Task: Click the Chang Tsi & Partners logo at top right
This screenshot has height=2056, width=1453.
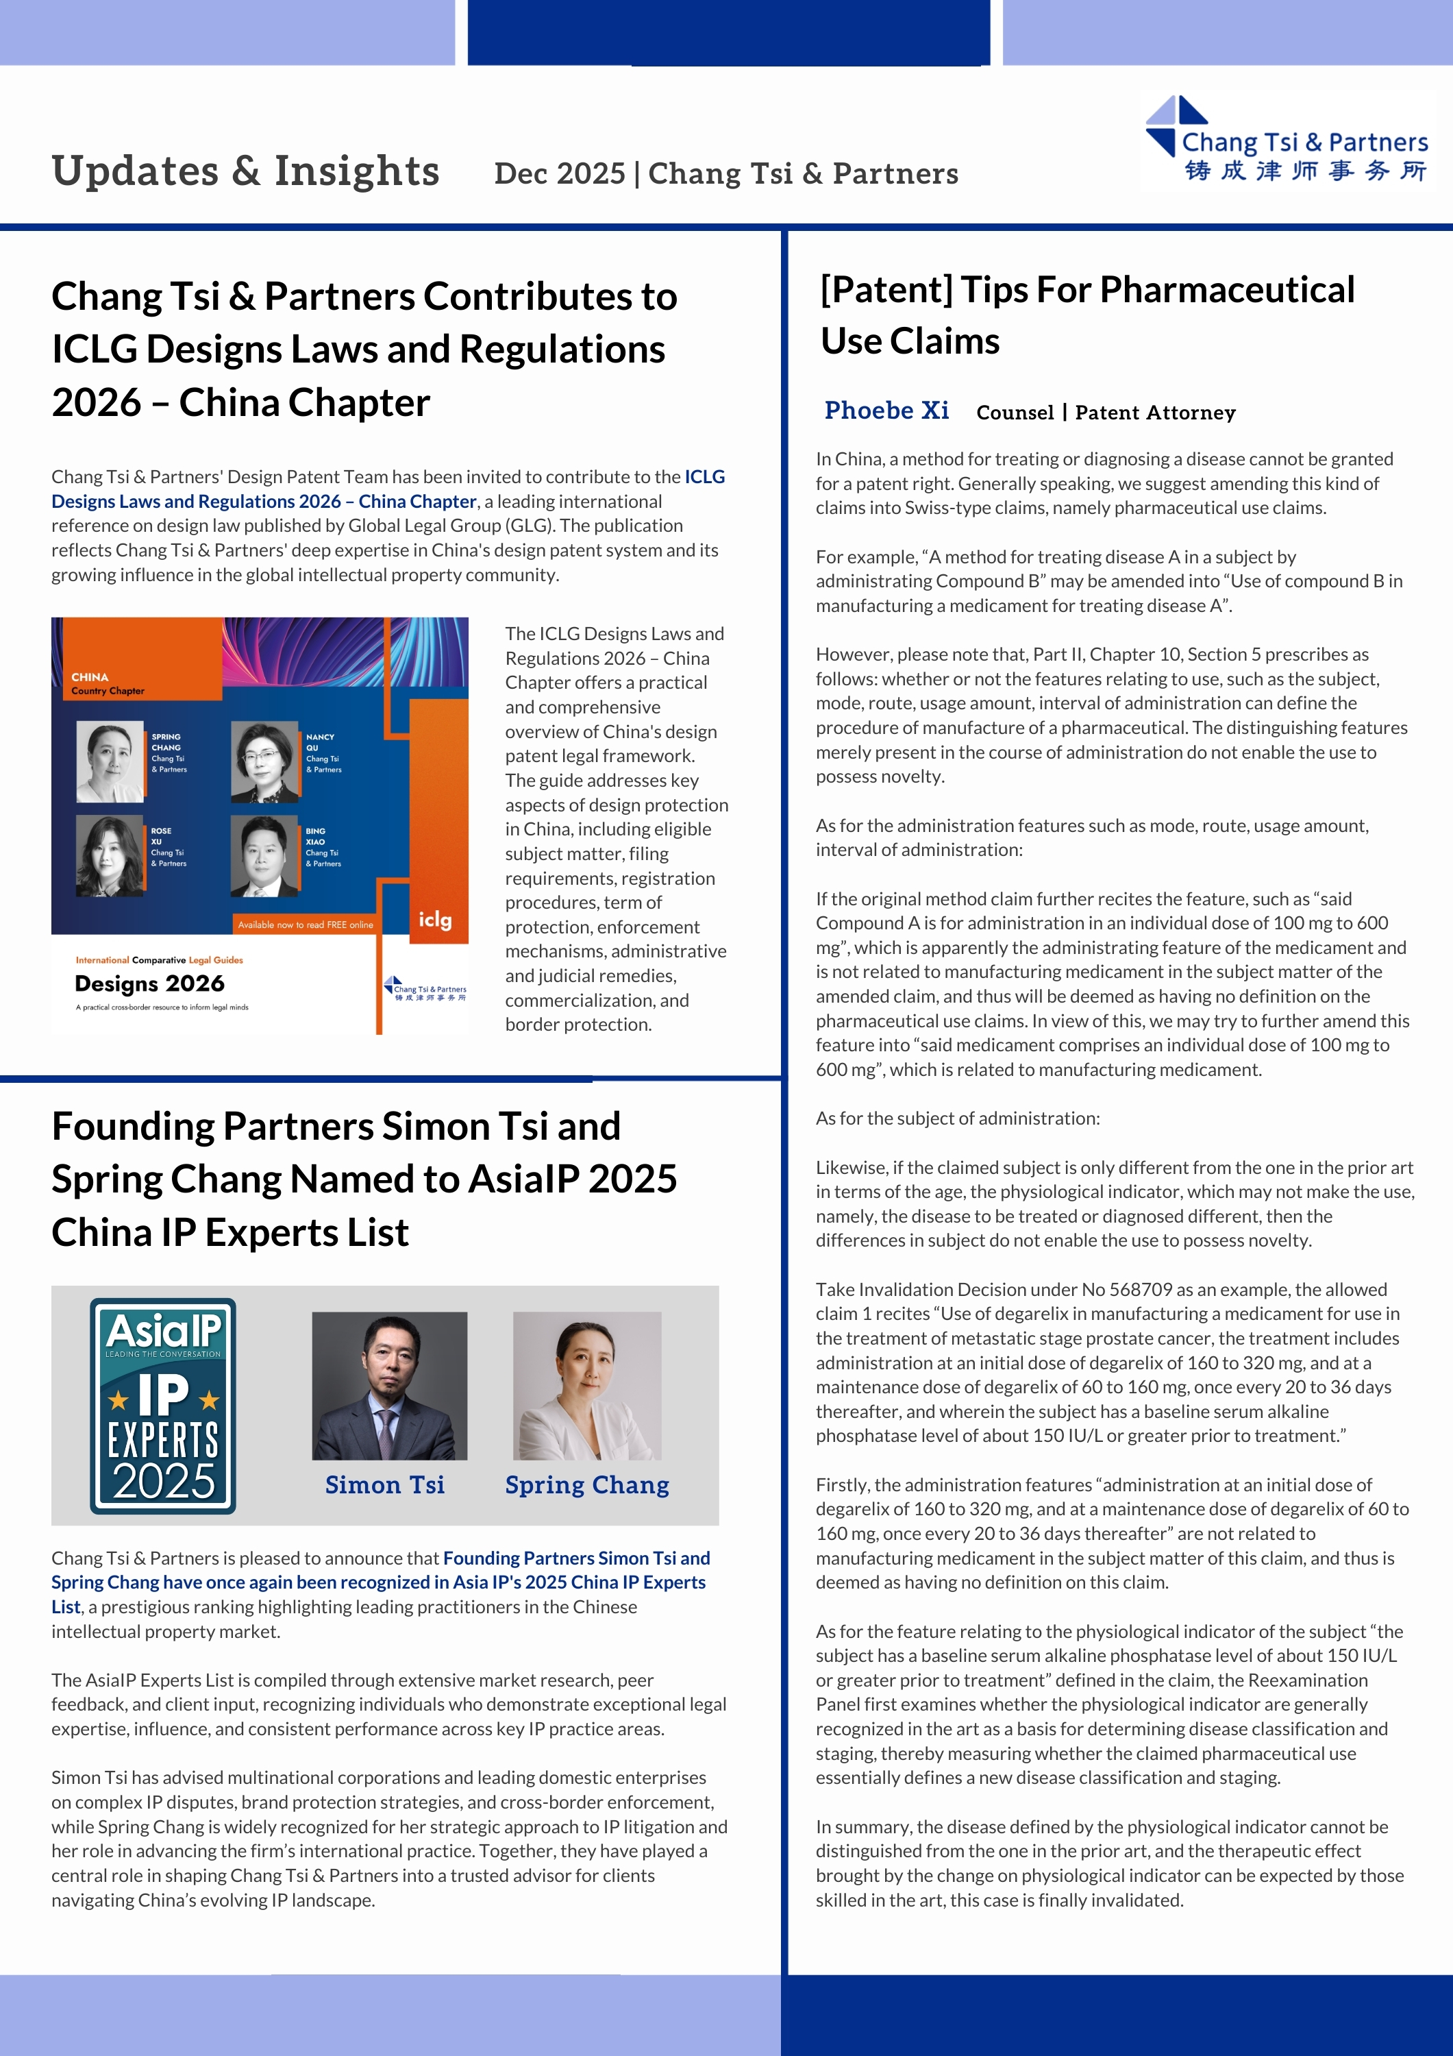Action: coord(1287,140)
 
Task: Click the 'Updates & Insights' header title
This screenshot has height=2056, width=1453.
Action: coord(245,171)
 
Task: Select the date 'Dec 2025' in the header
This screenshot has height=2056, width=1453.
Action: coord(560,173)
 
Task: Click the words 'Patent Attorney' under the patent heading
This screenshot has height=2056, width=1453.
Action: coord(1155,413)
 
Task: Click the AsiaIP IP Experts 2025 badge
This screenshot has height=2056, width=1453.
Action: coord(163,1405)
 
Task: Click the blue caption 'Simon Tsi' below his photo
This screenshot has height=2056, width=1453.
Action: coord(385,1484)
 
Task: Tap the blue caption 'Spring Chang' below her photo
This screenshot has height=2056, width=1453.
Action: coord(587,1484)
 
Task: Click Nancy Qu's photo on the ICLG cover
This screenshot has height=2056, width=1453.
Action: coord(264,761)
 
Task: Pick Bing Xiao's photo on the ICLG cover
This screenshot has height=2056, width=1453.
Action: coord(264,856)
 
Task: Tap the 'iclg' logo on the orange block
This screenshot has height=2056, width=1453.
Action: coord(435,920)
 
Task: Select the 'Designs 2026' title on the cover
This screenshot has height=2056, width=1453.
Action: coord(149,983)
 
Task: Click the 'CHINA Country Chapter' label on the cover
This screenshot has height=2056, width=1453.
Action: coord(107,683)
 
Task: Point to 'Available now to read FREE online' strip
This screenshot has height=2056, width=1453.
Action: coord(306,924)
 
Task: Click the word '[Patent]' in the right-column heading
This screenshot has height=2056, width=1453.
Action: coord(886,289)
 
